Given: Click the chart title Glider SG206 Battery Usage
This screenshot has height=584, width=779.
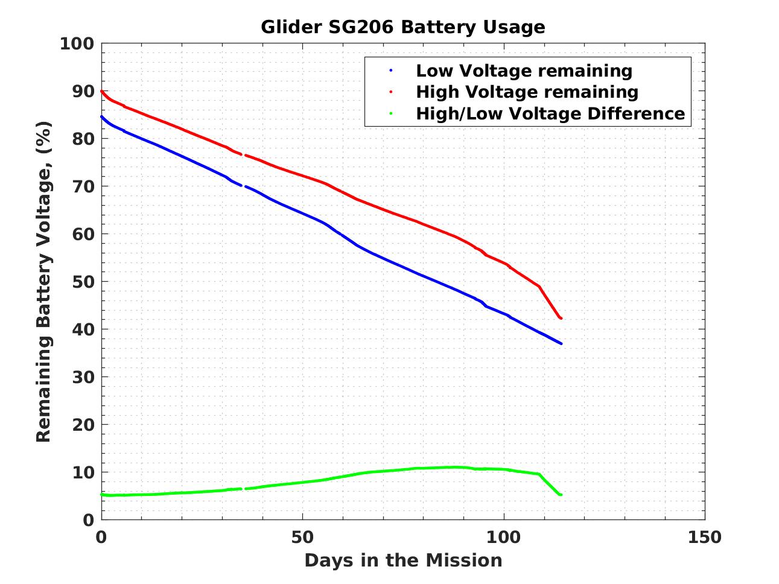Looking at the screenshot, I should click(x=402, y=27).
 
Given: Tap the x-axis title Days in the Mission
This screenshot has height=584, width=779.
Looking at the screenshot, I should click(x=402, y=560).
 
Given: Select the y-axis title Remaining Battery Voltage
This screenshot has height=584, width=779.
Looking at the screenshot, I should click(x=43, y=282).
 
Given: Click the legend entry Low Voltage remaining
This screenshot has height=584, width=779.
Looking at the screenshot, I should click(x=524, y=71).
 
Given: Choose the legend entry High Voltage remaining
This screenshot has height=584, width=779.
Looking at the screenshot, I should click(x=527, y=92).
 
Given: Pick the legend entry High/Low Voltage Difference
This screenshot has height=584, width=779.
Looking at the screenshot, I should click(x=550, y=113).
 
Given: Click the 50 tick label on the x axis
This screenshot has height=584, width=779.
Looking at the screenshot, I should click(x=302, y=537).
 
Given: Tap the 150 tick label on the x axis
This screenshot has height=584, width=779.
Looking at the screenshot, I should click(x=704, y=537).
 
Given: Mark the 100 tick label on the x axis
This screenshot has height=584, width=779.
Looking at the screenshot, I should click(x=503, y=537).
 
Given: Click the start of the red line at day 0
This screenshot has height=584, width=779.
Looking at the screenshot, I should click(x=101, y=91).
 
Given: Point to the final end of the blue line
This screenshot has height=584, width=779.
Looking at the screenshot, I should click(x=561, y=344).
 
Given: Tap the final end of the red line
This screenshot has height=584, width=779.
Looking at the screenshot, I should click(x=561, y=319).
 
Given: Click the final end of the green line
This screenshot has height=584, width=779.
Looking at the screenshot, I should click(x=561, y=495).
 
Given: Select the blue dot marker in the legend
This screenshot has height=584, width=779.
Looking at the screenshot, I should click(x=391, y=71).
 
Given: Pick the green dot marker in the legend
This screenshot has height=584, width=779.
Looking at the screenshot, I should click(x=391, y=113).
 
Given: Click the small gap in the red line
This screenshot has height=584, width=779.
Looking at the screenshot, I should click(x=243, y=155).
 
